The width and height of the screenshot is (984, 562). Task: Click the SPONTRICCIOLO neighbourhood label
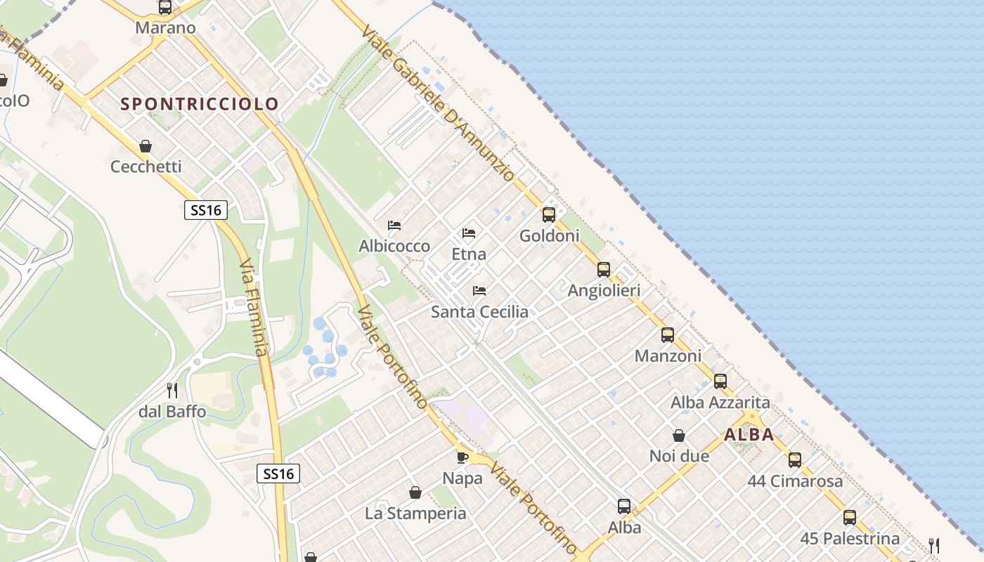(x=200, y=104)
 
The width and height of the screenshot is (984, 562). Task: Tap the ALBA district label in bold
(x=749, y=434)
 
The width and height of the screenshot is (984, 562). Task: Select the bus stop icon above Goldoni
(x=549, y=215)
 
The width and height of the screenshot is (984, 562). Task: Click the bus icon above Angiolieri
(x=604, y=270)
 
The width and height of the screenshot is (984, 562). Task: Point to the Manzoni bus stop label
(x=668, y=356)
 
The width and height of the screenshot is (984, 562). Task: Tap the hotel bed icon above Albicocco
(x=394, y=226)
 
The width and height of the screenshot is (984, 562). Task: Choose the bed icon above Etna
(x=469, y=233)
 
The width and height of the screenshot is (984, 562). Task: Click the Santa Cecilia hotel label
(x=479, y=311)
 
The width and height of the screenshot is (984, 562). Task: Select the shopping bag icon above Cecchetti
(x=145, y=146)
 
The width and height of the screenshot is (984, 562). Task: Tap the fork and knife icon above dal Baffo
(x=172, y=390)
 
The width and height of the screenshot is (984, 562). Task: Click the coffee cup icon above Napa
(x=462, y=457)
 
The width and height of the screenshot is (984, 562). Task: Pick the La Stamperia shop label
(x=415, y=514)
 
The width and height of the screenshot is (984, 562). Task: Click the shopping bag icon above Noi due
(x=679, y=436)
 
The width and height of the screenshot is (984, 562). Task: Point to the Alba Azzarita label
(x=720, y=403)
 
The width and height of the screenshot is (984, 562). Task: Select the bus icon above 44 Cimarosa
(x=795, y=460)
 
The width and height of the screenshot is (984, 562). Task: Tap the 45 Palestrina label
(x=850, y=539)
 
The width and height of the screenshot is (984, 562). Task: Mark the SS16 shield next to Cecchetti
(x=206, y=210)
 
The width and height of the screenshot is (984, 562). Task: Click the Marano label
(x=165, y=28)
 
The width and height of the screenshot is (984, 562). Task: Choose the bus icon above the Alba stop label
(x=624, y=507)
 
